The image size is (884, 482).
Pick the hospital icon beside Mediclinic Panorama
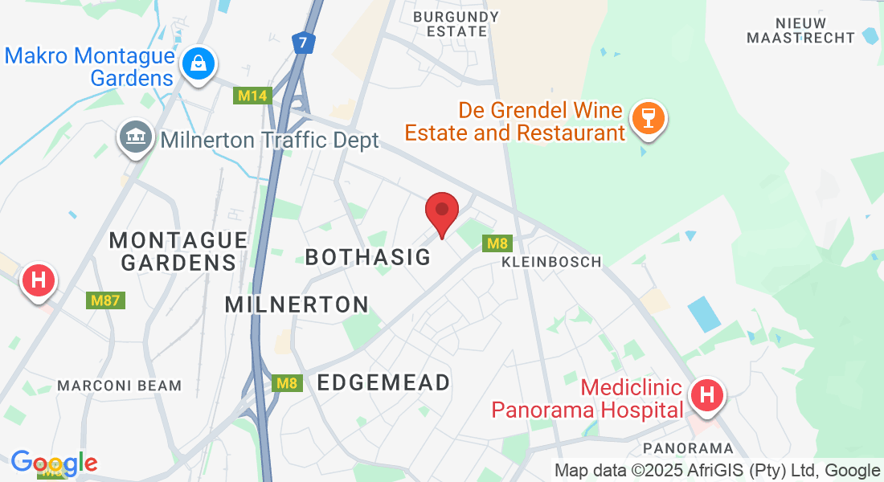(x=707, y=395)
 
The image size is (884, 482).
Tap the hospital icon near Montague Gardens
(x=38, y=281)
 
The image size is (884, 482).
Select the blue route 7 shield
(x=301, y=43)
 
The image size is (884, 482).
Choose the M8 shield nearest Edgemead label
(x=287, y=383)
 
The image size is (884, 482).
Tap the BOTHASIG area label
(x=368, y=257)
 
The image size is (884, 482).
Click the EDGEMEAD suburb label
(x=383, y=382)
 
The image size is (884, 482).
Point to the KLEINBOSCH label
(x=551, y=262)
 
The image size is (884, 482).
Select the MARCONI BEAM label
(x=120, y=386)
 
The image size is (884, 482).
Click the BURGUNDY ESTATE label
(x=456, y=24)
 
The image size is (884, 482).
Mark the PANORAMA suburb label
(x=689, y=447)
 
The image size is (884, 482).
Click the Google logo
(x=54, y=463)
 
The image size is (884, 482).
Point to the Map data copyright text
(x=717, y=471)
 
